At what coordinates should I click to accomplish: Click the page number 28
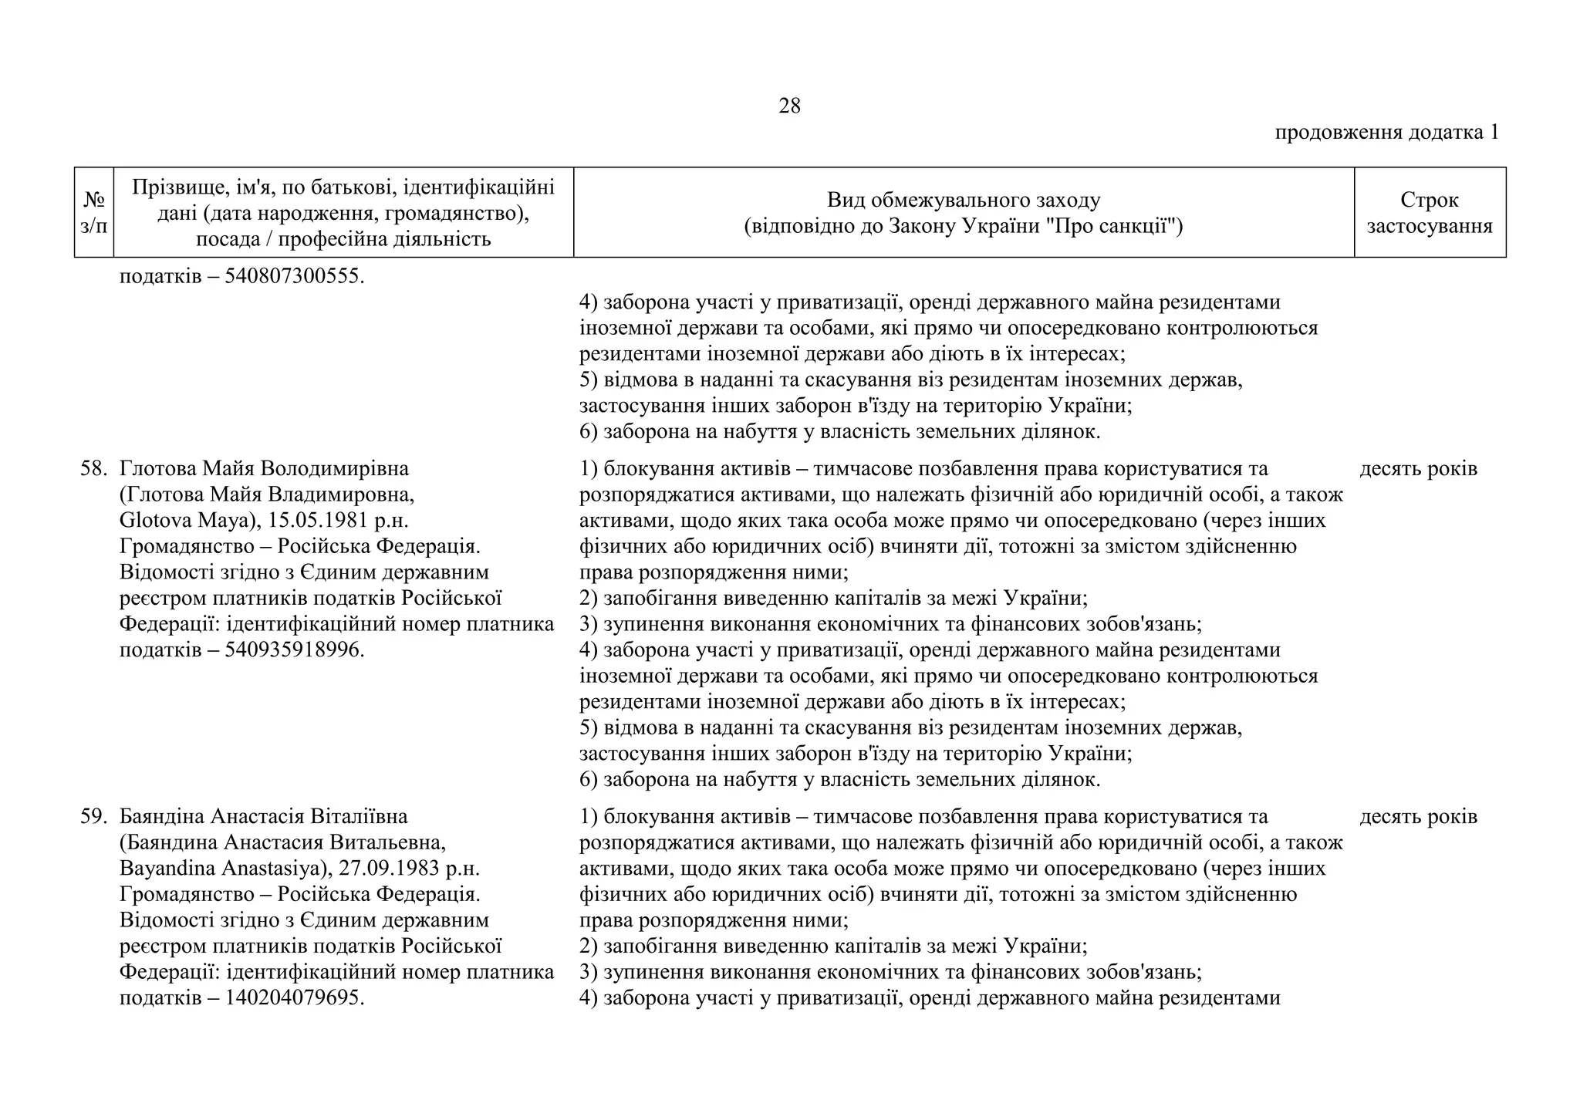point(789,106)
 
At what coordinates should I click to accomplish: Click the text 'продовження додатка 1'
point(1386,133)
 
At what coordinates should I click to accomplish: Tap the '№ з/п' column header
point(94,212)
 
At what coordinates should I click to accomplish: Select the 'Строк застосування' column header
point(1430,212)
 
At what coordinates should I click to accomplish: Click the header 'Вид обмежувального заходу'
point(964,201)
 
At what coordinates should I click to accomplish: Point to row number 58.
point(93,468)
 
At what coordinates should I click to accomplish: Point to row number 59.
point(93,816)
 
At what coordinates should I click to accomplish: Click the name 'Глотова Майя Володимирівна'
point(264,468)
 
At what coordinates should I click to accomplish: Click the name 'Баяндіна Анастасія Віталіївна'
point(264,816)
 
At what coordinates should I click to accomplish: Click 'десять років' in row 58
point(1418,468)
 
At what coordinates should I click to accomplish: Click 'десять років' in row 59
point(1418,816)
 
